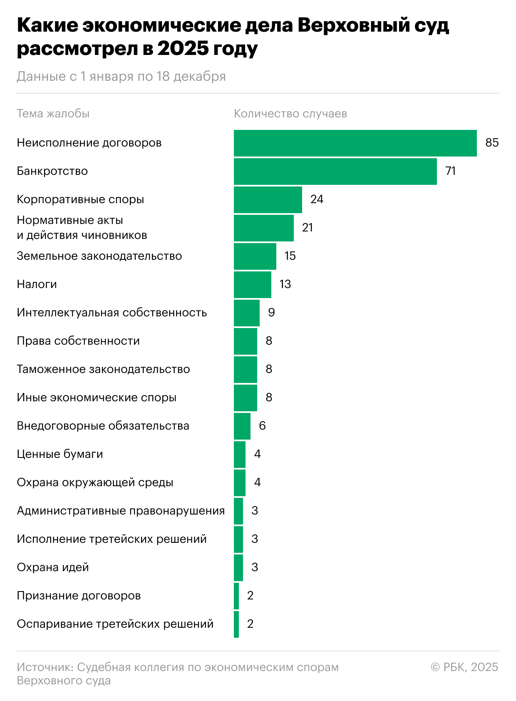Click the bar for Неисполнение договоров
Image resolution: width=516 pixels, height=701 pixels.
point(355,143)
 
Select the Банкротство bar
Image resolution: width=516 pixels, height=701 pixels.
point(335,172)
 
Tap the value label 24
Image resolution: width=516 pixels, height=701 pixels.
point(317,199)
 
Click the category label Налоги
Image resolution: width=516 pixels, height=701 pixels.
point(37,284)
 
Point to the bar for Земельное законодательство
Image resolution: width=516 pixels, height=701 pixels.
point(255,256)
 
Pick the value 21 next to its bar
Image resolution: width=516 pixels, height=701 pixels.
point(307,228)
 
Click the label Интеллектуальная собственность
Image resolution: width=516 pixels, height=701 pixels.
point(112,313)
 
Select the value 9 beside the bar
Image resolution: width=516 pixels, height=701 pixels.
point(271,313)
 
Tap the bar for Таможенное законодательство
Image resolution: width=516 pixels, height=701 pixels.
point(245,370)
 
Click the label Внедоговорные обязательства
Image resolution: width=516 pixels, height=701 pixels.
point(103,426)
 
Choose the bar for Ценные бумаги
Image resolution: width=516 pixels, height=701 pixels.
point(239,455)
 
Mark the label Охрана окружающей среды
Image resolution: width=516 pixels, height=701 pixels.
point(95,482)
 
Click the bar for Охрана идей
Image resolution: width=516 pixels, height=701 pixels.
point(238,568)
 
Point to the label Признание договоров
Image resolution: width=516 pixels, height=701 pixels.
point(79,596)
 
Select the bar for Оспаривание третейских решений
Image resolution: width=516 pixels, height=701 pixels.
point(236,624)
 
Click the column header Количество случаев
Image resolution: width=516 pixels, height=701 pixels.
point(290,114)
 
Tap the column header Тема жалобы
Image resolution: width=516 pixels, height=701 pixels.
point(53,114)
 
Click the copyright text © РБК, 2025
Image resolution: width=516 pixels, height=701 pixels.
point(464,667)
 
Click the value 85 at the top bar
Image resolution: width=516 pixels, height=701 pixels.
point(491,143)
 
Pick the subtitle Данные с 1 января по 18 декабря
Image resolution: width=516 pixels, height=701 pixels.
point(121,77)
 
